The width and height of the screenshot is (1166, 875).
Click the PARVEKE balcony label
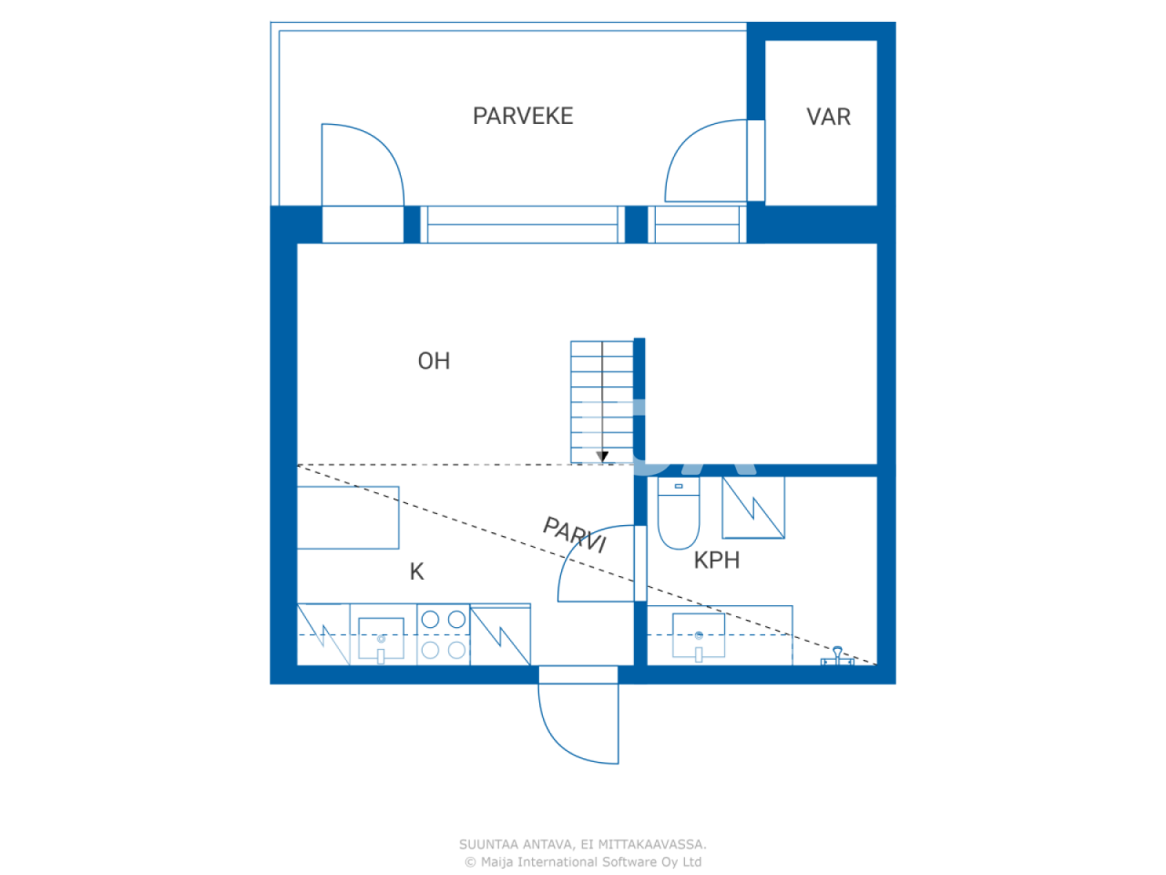pos(522,116)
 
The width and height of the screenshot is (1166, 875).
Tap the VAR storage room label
pos(828,117)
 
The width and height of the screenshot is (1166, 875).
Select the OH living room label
pos(434,361)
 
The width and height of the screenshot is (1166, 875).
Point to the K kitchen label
pos(416,571)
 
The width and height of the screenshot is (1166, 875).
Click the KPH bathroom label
pos(716,560)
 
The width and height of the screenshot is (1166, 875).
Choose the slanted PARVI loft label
pos(575,534)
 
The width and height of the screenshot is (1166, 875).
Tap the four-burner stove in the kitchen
pos(444,634)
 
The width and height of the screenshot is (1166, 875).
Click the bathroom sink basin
pos(699,635)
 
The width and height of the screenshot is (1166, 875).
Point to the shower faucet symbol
pos(837,656)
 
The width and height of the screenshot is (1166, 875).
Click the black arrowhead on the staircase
pos(602,457)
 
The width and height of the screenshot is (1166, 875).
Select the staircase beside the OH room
pos(601,401)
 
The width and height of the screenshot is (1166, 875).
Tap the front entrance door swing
pos(578,720)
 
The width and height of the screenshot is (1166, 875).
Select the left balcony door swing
pos(362,164)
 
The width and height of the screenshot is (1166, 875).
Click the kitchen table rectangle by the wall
pos(348,518)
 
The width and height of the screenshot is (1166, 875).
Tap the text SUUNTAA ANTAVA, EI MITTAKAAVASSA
pos(582,844)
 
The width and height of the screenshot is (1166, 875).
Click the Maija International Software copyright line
pos(582,861)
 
